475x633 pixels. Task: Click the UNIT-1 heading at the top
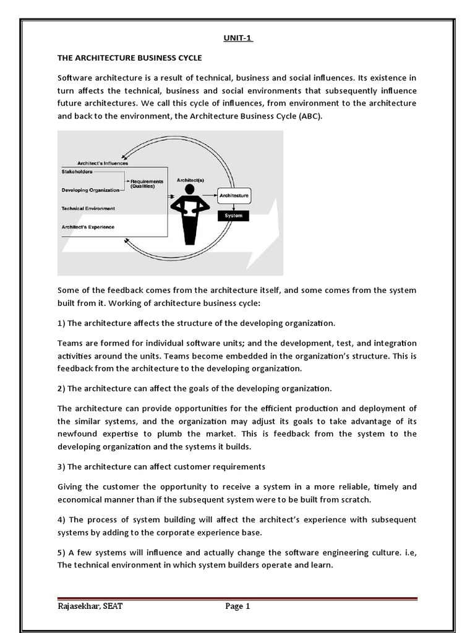click(239, 38)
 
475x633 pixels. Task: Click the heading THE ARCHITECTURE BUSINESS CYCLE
click(130, 58)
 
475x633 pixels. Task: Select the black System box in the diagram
click(234, 216)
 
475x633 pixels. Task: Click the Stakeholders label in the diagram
click(77, 171)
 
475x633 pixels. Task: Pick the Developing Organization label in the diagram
click(90, 190)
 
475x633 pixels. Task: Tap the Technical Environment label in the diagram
click(88, 208)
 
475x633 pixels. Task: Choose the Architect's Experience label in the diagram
click(88, 227)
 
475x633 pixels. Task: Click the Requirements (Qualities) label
click(147, 184)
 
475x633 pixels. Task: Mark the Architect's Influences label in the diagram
click(100, 163)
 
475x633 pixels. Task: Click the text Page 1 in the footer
click(237, 606)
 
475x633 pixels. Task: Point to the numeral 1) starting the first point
click(61, 323)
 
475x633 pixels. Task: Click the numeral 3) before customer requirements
click(61, 466)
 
